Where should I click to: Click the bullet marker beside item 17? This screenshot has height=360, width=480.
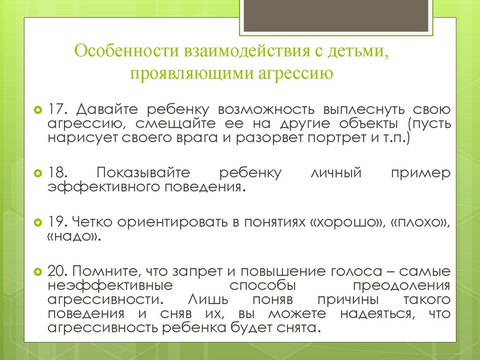37,111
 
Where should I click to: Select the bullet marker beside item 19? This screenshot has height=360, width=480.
37,223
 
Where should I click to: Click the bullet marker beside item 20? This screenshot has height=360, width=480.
37,271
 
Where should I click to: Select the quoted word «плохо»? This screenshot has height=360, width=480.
418,222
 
